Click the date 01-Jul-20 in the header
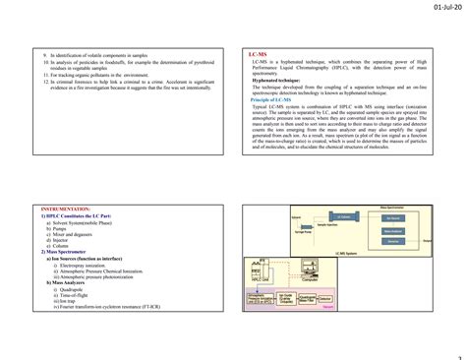coord(437,9)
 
